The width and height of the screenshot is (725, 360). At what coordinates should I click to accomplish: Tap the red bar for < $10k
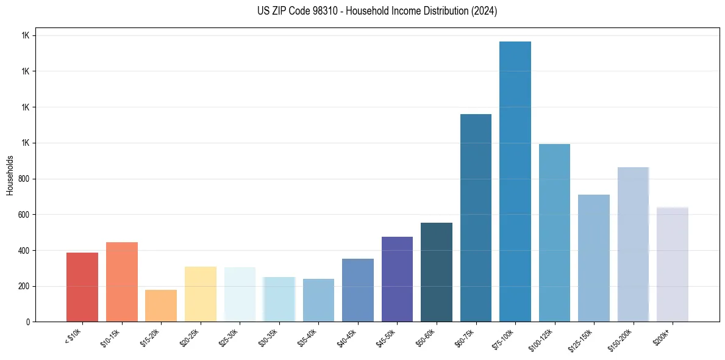82,287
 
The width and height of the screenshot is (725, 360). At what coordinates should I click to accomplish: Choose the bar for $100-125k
554,232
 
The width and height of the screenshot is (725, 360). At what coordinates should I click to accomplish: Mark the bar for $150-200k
633,244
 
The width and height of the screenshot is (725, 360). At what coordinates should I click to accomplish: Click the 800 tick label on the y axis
23,179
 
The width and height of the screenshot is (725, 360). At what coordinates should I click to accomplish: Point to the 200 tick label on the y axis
23,286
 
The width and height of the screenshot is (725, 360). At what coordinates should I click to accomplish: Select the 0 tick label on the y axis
28,322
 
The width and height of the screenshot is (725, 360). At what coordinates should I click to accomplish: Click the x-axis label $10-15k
111,337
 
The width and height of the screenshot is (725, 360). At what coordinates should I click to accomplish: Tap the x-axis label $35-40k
308,337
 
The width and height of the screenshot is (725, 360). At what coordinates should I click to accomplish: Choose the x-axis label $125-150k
582,339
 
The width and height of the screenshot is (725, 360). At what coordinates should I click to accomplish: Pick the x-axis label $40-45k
347,337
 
